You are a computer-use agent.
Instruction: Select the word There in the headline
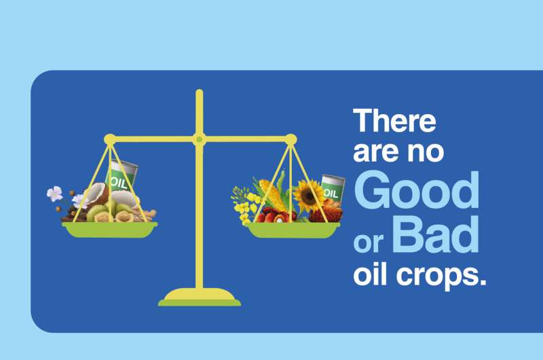pos(394,121)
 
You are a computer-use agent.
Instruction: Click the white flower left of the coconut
pos(54,194)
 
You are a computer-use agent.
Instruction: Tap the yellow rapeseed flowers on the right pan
pos(242,201)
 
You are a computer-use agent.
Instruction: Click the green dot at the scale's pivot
pos(199,139)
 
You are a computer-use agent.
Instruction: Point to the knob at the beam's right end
pos(291,139)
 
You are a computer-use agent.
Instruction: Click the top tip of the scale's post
pos(199,92)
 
